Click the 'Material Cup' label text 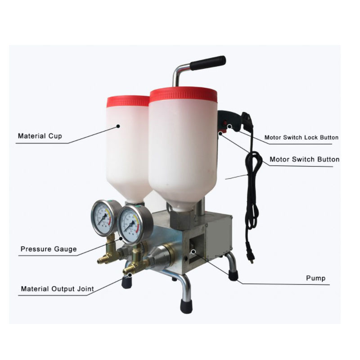(x=40, y=135)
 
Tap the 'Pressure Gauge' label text (x=49, y=249)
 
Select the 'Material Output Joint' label (x=57, y=289)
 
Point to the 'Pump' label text (x=315, y=279)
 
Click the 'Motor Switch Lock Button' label (x=301, y=137)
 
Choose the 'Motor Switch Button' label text (x=304, y=159)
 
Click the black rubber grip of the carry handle (x=207, y=63)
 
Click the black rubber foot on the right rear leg (x=233, y=274)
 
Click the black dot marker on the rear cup (x=118, y=126)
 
